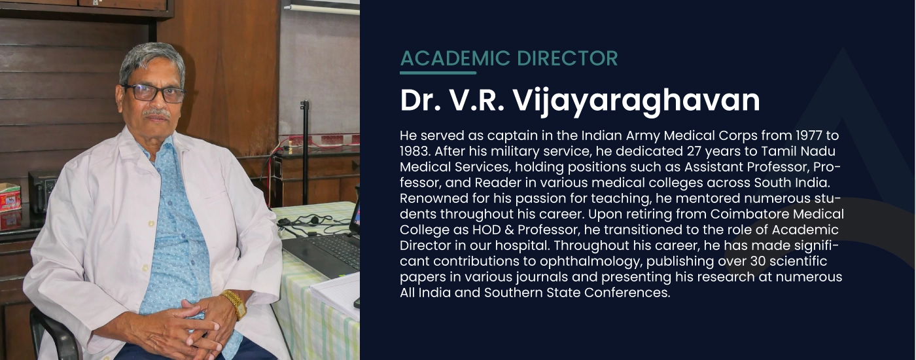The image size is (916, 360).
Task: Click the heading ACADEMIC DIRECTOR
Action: tap(509, 58)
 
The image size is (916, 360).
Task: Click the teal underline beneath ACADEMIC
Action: tap(438, 73)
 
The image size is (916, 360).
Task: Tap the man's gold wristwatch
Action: tap(235, 303)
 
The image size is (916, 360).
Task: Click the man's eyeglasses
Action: tap(154, 93)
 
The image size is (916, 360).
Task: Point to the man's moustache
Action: tap(156, 112)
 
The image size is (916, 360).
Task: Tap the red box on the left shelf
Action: tap(10, 197)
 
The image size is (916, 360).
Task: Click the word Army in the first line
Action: tap(643, 136)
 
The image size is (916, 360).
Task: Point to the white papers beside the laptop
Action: tap(335, 295)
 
